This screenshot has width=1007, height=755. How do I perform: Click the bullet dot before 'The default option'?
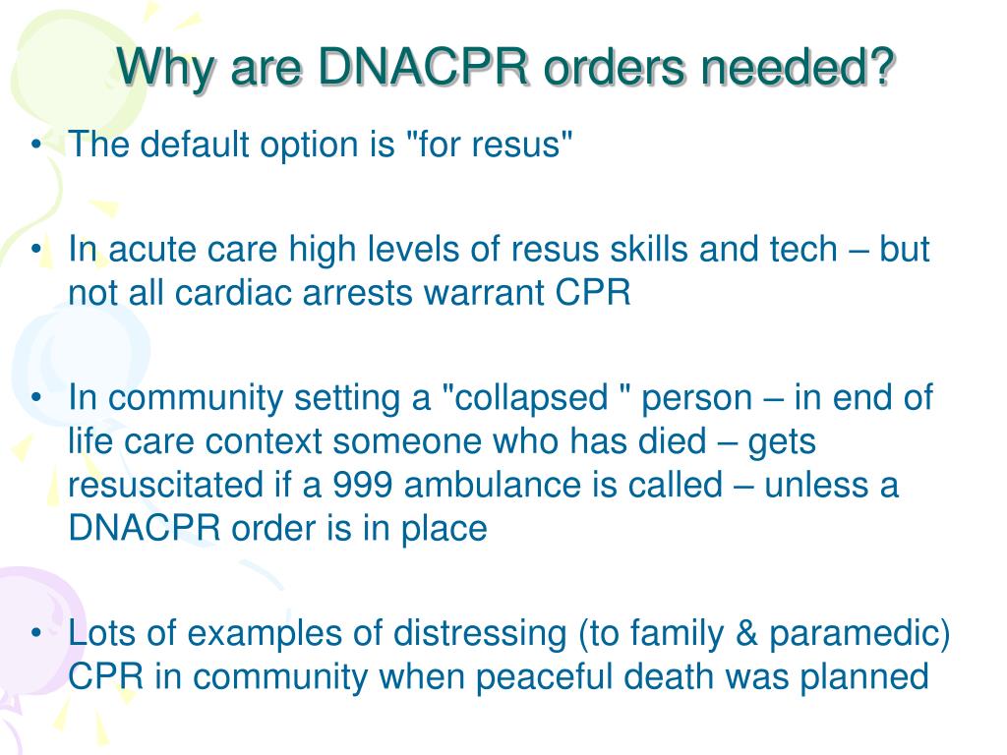(35, 146)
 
